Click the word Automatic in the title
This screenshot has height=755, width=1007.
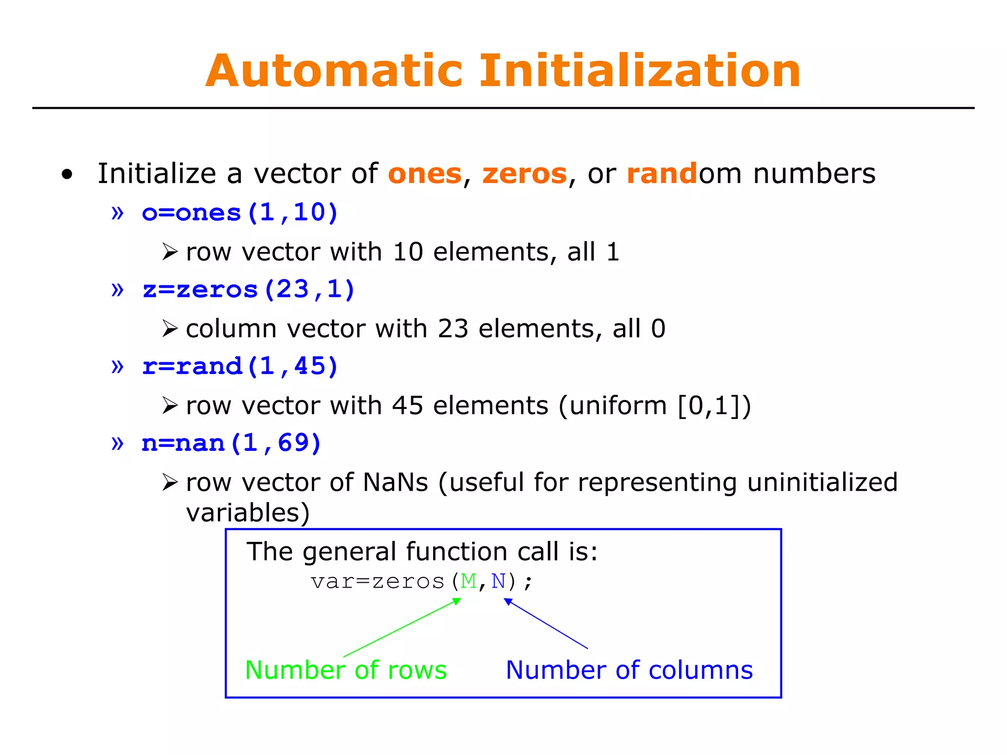(x=334, y=71)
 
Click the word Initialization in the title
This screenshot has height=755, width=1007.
(x=640, y=71)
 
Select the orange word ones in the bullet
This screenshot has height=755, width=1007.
(x=425, y=174)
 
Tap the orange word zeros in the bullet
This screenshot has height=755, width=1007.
(x=524, y=174)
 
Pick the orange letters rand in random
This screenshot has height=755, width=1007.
(x=662, y=174)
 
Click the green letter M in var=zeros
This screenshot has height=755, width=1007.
(x=469, y=582)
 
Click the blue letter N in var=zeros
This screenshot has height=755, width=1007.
(x=498, y=582)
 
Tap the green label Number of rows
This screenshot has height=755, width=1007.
(x=346, y=670)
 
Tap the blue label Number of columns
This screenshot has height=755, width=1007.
(x=629, y=670)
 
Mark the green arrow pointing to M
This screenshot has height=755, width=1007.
(x=402, y=628)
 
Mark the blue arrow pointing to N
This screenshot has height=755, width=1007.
(x=546, y=624)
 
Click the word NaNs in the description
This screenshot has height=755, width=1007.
(x=395, y=482)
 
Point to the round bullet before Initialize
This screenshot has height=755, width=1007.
(x=67, y=174)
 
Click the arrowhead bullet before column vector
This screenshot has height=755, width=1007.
(x=170, y=329)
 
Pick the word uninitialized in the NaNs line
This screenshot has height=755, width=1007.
(x=822, y=482)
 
